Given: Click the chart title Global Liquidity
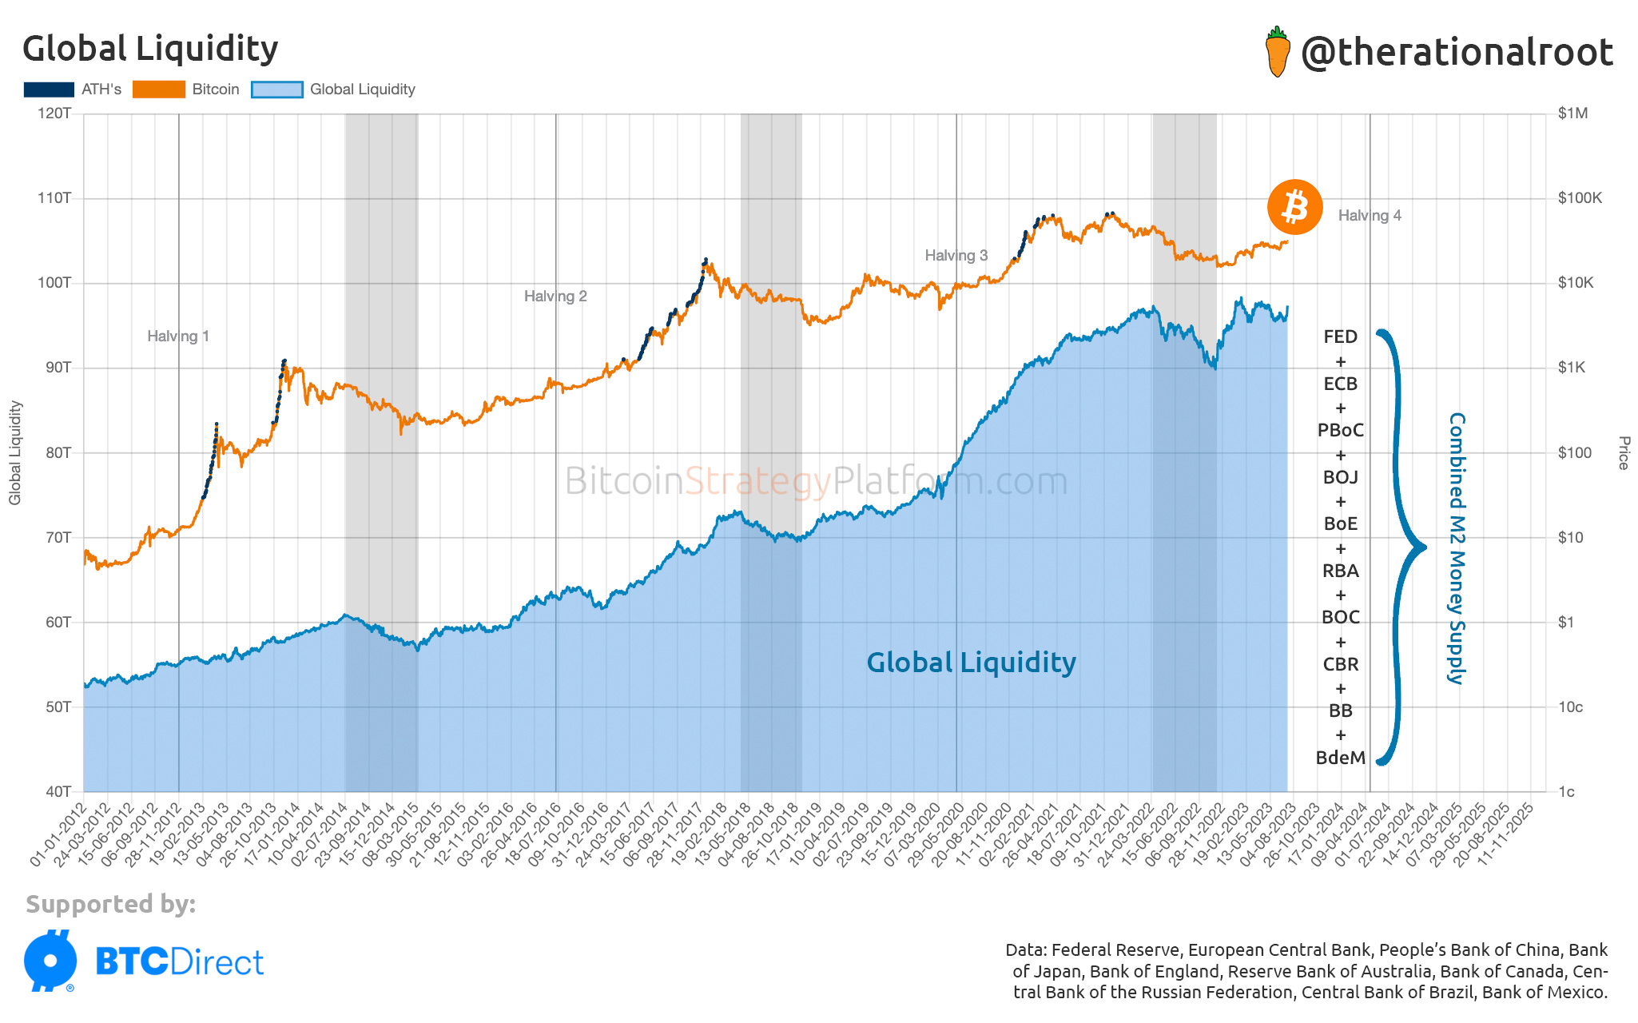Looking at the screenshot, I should click(x=150, y=50).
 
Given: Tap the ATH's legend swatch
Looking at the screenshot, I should click(x=49, y=90).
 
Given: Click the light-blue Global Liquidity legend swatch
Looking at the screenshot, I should click(x=277, y=90).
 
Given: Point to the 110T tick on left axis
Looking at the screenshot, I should click(x=54, y=198).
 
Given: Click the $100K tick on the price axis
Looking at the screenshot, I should click(x=1579, y=198).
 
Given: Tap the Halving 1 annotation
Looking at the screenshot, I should click(x=177, y=336).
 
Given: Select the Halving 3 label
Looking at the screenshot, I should click(x=956, y=256).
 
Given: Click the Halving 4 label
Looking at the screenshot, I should click(x=1369, y=216).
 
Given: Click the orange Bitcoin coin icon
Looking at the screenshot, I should click(x=1294, y=207).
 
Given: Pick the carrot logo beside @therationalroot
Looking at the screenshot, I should click(x=1278, y=52).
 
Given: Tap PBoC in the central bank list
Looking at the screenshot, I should click(x=1340, y=431).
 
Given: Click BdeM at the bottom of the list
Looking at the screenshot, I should click(x=1340, y=758).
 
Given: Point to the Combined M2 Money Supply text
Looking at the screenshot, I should click(x=1457, y=548).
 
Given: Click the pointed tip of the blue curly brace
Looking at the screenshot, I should click(x=1424, y=548).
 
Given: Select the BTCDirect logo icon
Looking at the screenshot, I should click(x=50, y=961).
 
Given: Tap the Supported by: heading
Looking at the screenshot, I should click(x=110, y=904).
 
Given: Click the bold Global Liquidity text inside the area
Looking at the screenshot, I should click(x=971, y=663).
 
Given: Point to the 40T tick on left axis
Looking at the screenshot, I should click(x=58, y=792).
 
